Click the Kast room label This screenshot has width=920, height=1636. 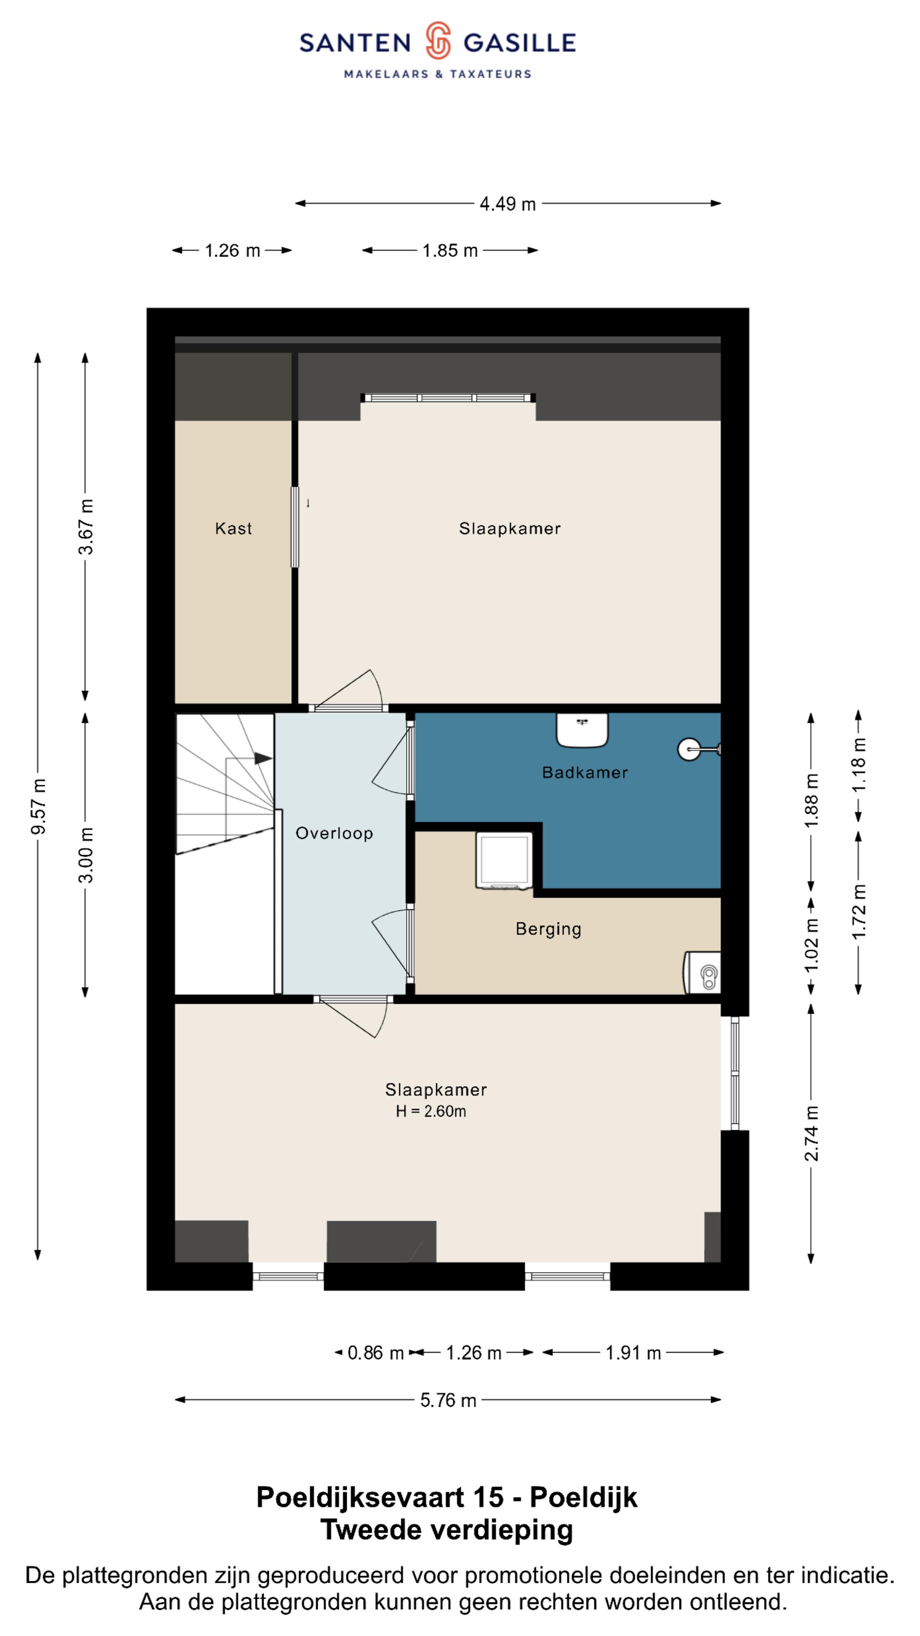point(233,528)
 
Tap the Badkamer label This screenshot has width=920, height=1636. point(585,772)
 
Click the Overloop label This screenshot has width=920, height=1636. point(334,833)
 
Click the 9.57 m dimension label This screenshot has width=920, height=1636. point(38,806)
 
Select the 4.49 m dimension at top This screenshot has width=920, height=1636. point(507,204)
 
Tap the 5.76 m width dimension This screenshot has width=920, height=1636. point(448,1400)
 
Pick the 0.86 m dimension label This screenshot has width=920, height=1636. point(376,1353)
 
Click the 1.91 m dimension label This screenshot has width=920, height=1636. point(633,1353)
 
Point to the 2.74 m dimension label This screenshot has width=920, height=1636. point(811,1134)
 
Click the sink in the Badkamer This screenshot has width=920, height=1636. point(582,730)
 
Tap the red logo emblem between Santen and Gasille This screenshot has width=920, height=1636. point(438,40)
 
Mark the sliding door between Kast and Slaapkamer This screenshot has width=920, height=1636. point(295,527)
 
